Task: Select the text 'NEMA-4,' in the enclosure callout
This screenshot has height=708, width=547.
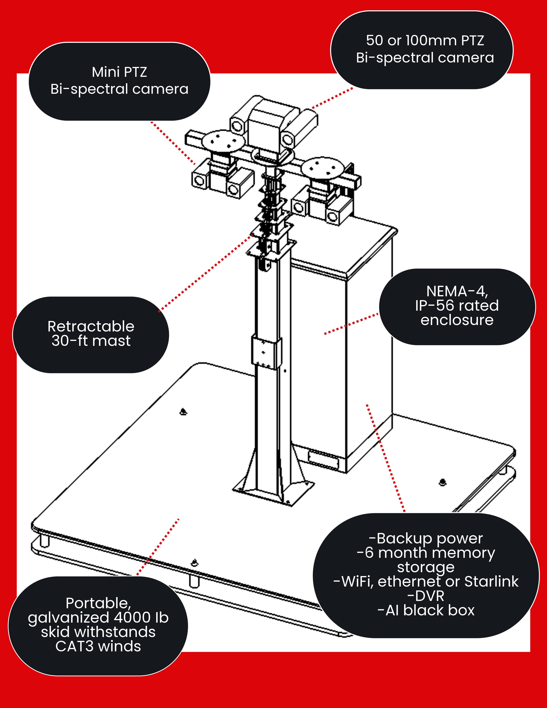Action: [x=457, y=291]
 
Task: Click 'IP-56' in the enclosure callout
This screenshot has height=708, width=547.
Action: [x=434, y=305]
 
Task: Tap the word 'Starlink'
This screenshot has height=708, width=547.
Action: [x=491, y=581]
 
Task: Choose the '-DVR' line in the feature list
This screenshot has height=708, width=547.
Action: [x=426, y=596]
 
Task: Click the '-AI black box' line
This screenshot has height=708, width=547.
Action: [x=426, y=610]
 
